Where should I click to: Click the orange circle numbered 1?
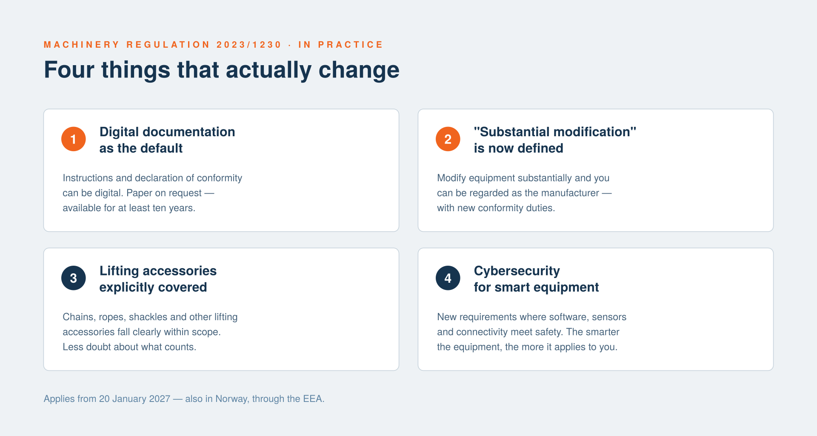74,139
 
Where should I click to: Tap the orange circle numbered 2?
448,139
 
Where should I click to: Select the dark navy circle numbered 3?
74,278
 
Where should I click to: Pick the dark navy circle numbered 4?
448,278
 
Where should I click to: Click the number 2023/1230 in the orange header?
249,45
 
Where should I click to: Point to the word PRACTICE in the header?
350,45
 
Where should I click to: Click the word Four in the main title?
69,70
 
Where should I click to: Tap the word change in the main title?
359,70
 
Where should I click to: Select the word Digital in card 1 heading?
119,132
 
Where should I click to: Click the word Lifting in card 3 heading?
119,271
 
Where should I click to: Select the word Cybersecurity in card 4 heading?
517,271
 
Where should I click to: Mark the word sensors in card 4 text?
609,317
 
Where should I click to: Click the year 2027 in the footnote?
160,399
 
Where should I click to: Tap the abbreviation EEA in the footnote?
313,399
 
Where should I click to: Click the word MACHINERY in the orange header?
82,45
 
